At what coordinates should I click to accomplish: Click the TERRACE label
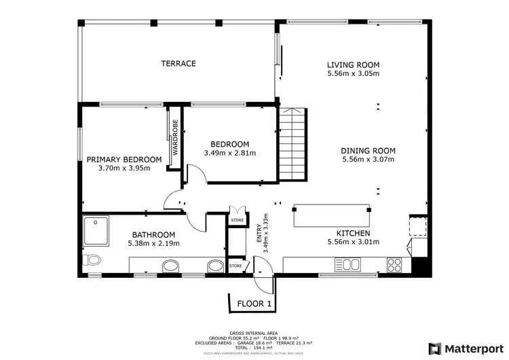point(178,63)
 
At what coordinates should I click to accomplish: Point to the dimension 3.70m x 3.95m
point(124,168)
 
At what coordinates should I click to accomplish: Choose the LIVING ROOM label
point(353,65)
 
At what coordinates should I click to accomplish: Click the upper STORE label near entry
point(237,220)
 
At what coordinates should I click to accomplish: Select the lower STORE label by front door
point(235,266)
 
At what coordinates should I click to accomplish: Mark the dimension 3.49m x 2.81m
point(230,153)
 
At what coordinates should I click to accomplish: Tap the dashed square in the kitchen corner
point(417,225)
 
